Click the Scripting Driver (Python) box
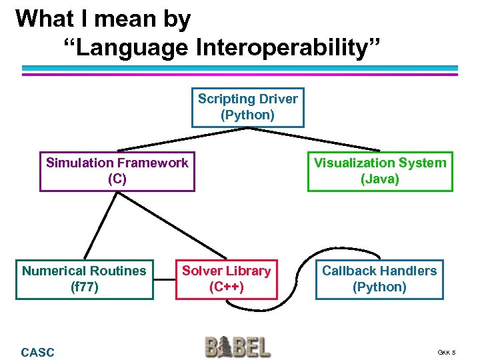[247, 107]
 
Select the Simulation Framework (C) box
[117, 171]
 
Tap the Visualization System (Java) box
[379, 171]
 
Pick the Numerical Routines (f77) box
[84, 279]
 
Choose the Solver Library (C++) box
[226, 279]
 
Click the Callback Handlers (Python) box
[379, 279]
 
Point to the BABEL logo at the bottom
[238, 347]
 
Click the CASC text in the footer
[38, 352]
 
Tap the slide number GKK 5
[447, 353]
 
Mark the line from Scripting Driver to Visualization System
[313, 139]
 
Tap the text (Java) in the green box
[379, 179]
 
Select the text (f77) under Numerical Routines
[84, 287]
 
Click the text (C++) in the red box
[226, 287]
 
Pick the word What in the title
[45, 19]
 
